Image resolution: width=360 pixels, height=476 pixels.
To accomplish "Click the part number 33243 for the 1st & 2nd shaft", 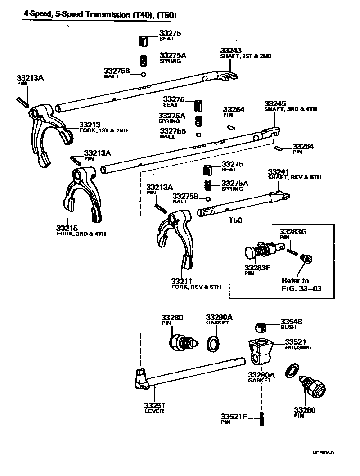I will pyautogui.click(x=230, y=50).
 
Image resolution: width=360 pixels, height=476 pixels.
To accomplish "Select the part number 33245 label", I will pyautogui.click(x=275, y=103).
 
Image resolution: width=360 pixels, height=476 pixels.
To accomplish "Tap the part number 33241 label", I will pyautogui.click(x=279, y=171).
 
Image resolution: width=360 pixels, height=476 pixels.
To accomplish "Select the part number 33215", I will pyautogui.click(x=67, y=228).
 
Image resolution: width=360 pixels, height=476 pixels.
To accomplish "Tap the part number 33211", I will pyautogui.click(x=182, y=281).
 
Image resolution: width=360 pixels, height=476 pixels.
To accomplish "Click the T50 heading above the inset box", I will pyautogui.click(x=235, y=220).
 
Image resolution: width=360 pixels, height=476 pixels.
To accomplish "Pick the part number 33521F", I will pyautogui.click(x=234, y=416).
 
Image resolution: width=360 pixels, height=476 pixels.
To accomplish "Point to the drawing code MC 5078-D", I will pyautogui.click(x=324, y=453).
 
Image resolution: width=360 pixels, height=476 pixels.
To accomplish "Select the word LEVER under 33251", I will pyautogui.click(x=154, y=411).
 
